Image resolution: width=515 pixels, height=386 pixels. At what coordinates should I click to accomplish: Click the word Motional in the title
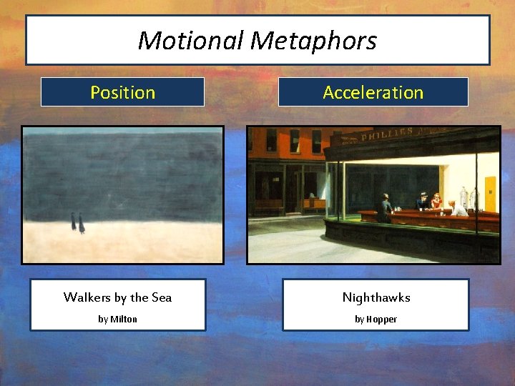[x=191, y=41]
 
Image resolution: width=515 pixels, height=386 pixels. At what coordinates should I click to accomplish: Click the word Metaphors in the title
[x=313, y=41]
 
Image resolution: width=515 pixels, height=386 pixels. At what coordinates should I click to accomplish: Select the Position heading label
[x=122, y=92]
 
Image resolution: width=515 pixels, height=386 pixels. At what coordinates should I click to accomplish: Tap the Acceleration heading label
[x=373, y=92]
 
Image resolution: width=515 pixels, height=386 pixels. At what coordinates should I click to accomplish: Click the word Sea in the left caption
[x=161, y=297]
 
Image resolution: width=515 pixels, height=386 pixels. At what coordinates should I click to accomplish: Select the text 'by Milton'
[x=117, y=319]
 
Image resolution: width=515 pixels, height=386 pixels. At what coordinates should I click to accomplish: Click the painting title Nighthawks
[x=376, y=297]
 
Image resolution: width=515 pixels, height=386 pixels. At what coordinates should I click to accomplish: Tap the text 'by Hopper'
[x=376, y=319]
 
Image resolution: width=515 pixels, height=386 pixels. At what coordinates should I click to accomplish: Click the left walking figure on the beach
[x=73, y=222]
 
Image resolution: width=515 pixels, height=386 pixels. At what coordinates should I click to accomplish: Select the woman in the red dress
[x=436, y=202]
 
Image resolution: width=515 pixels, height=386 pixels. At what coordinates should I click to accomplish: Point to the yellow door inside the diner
[x=490, y=192]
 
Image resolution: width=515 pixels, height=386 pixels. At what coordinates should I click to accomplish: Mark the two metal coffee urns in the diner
[x=468, y=196]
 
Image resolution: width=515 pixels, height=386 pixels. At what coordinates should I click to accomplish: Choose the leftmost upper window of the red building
[x=272, y=141]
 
